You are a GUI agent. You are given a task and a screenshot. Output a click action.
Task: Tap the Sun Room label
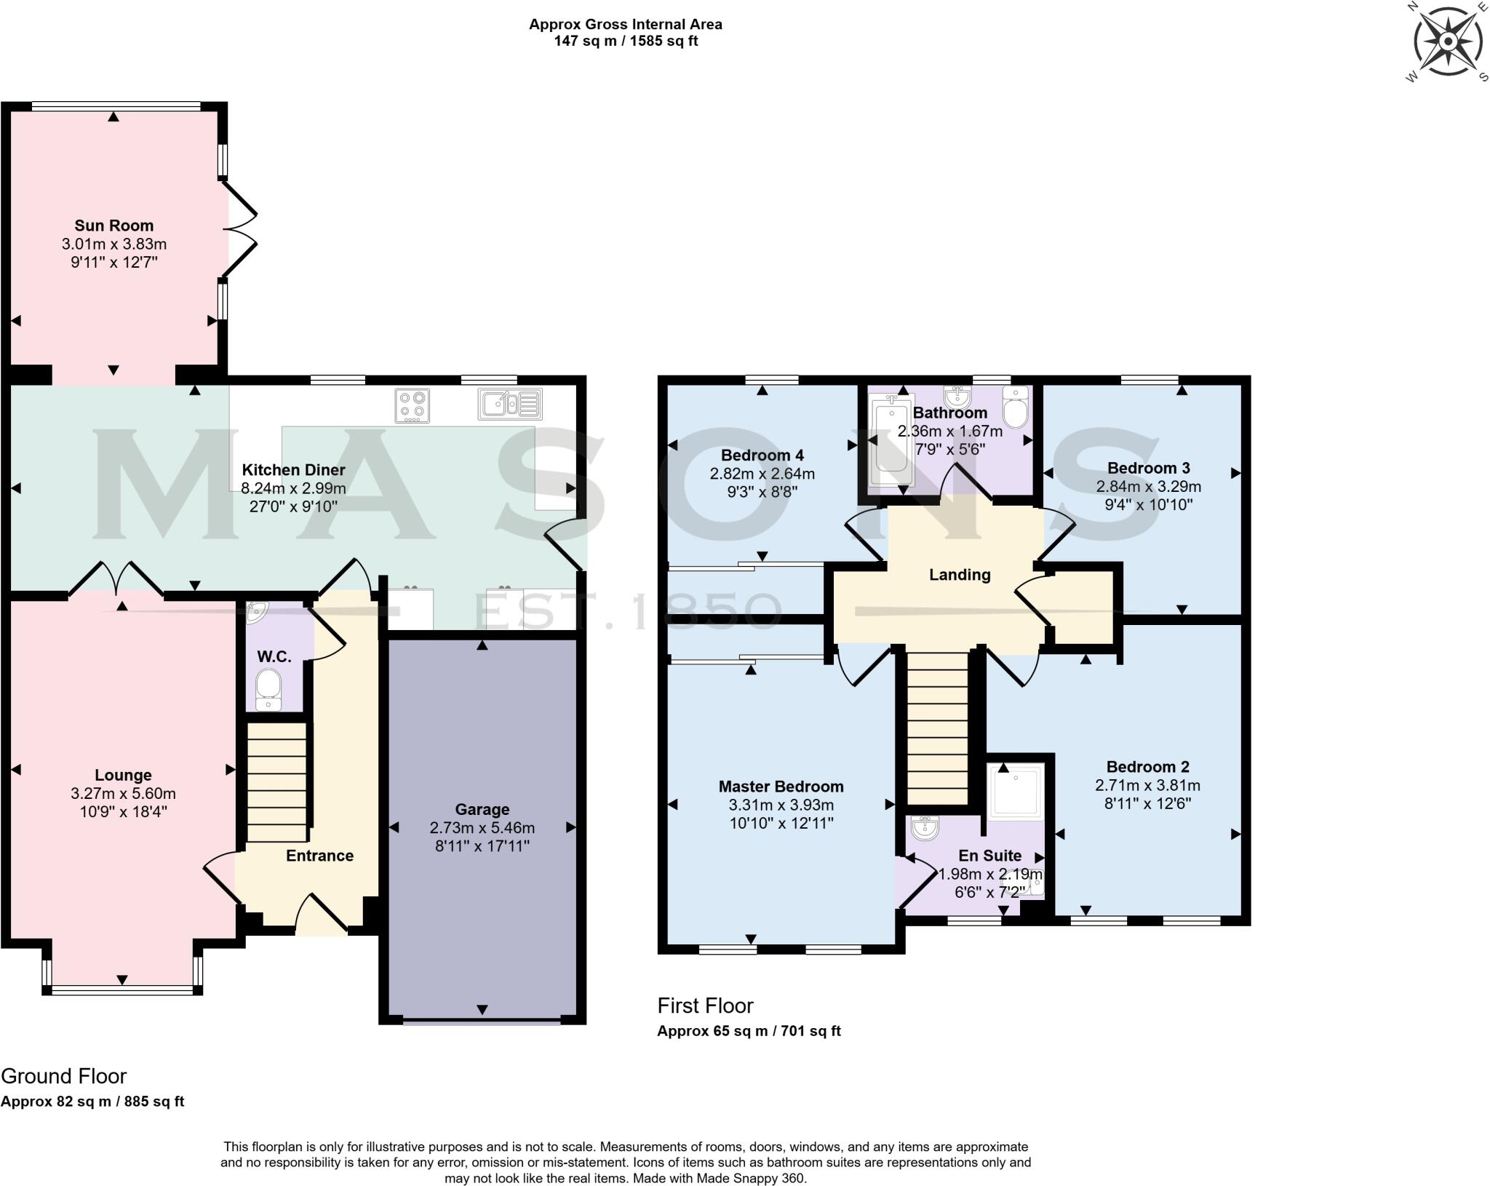pyautogui.click(x=113, y=226)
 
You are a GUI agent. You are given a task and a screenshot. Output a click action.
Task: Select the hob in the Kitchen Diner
pyautogui.click(x=412, y=405)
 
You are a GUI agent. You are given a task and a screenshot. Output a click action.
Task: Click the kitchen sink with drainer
pyautogui.click(x=510, y=405)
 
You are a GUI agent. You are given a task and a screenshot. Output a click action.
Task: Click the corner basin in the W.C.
pyautogui.click(x=255, y=613)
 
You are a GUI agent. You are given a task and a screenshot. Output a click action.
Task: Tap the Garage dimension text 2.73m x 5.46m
pyautogui.click(x=482, y=827)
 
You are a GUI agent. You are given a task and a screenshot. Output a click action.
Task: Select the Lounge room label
pyautogui.click(x=123, y=775)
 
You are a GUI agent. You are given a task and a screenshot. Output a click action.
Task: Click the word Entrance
pyautogui.click(x=319, y=856)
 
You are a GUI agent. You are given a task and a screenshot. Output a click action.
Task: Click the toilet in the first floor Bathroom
pyautogui.click(x=1014, y=409)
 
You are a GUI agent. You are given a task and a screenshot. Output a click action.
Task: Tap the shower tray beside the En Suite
pyautogui.click(x=1016, y=789)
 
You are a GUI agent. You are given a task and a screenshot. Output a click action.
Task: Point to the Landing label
pyautogui.click(x=960, y=575)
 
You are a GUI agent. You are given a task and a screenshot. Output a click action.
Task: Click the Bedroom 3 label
pyautogui.click(x=1148, y=468)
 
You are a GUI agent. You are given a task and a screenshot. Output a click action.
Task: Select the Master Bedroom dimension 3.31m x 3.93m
pyautogui.click(x=781, y=805)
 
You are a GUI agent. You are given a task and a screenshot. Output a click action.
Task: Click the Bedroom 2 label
pyautogui.click(x=1147, y=766)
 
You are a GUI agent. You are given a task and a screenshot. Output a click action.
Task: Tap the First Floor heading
pyautogui.click(x=705, y=1006)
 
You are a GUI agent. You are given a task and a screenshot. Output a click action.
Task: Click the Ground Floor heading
pyautogui.click(x=64, y=1076)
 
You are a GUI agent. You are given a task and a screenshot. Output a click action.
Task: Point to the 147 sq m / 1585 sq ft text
pyautogui.click(x=625, y=41)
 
